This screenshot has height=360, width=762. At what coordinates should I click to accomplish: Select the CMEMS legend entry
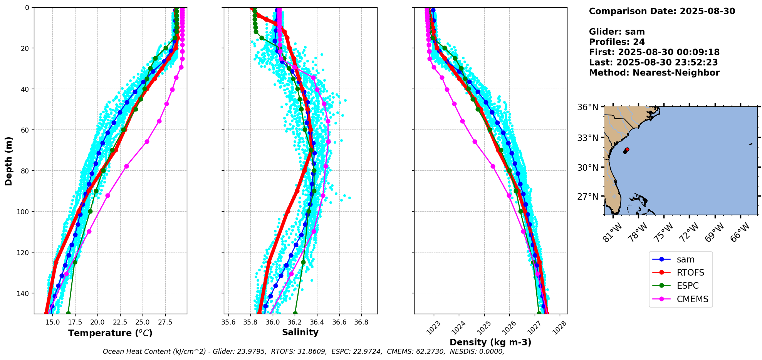tap(680, 299)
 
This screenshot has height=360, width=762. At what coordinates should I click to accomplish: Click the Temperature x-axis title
tap(111, 333)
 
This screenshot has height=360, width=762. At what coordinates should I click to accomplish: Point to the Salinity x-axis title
tap(300, 333)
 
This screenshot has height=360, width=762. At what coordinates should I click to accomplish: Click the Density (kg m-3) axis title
tap(490, 342)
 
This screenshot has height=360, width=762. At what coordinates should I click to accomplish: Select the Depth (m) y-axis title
tap(8, 161)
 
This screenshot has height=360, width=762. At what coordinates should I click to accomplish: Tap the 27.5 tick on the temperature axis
tap(165, 322)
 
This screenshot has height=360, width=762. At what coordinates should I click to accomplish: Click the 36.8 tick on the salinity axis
tap(361, 322)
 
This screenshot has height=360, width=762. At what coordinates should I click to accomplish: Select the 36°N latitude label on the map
tap(588, 107)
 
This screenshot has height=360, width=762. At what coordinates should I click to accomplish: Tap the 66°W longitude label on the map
tap(740, 232)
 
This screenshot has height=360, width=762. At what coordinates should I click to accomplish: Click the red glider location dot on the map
tap(627, 149)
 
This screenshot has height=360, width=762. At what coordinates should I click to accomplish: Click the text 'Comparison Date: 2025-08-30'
tap(662, 11)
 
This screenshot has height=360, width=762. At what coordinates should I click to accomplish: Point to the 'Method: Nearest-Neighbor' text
tap(654, 73)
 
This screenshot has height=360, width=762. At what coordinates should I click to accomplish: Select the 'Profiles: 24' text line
tap(617, 42)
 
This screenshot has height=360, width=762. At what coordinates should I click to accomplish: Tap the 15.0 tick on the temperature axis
tap(52, 322)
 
